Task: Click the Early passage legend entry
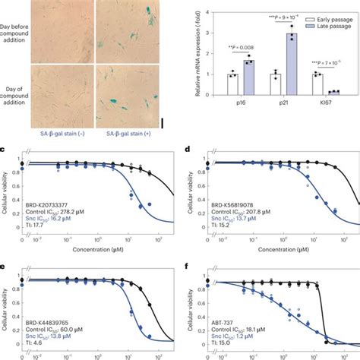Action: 315,7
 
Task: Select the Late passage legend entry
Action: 315,16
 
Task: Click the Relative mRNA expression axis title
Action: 201,50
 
